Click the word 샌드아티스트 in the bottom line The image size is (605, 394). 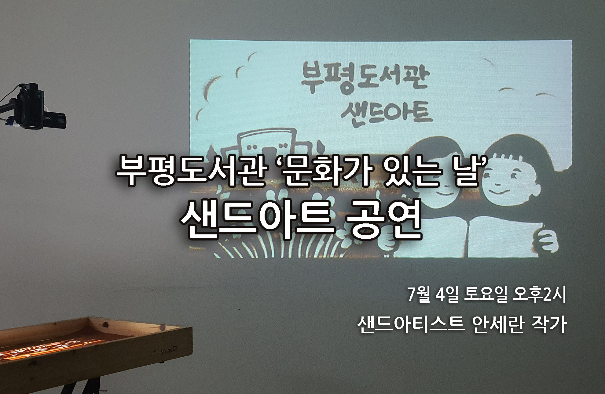(x=411, y=325)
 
